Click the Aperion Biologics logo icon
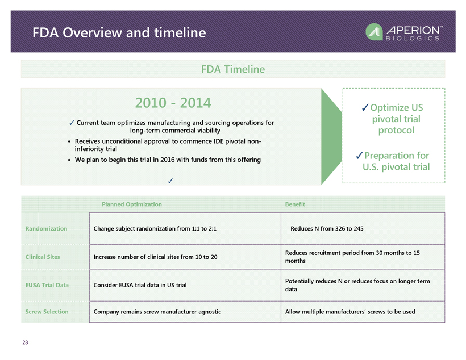pyautogui.click(x=374, y=32)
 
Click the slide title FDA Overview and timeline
pyautogui.click(x=119, y=33)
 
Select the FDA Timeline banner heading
pyautogui.click(x=233, y=69)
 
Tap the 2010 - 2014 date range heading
pyautogui.click(x=173, y=103)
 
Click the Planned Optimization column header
pyautogui.click(x=132, y=204)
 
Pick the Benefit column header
pyautogui.click(x=295, y=204)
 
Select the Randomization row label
pyautogui.click(x=46, y=228)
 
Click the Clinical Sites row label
pyautogui.click(x=43, y=257)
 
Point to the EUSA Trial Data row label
pyautogui.click(x=47, y=285)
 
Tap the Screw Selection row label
pyautogui.click(x=47, y=312)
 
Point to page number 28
pyautogui.click(x=25, y=342)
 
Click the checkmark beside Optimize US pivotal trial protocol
pyautogui.click(x=365, y=107)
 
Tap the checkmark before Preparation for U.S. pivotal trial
pyautogui.click(x=359, y=156)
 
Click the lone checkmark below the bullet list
pyautogui.click(x=170, y=181)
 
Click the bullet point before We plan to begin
pyautogui.click(x=69, y=160)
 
